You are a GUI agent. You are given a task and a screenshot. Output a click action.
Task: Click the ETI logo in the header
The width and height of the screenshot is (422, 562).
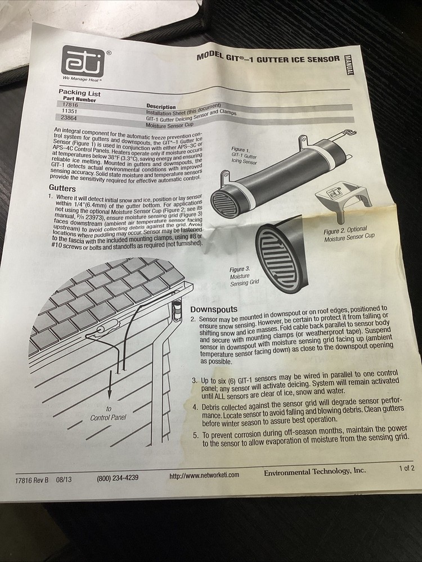point(83,60)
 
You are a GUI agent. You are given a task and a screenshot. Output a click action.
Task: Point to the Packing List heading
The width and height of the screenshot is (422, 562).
point(79,93)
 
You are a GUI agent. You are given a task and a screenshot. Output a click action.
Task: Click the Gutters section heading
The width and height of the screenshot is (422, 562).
point(62,188)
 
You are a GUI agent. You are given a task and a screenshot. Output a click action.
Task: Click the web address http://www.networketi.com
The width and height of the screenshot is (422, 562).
point(204,475)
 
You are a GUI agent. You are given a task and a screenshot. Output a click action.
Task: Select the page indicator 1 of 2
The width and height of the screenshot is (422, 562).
point(406,468)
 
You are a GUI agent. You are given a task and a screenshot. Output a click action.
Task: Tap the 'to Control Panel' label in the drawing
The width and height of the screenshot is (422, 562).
point(108,414)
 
